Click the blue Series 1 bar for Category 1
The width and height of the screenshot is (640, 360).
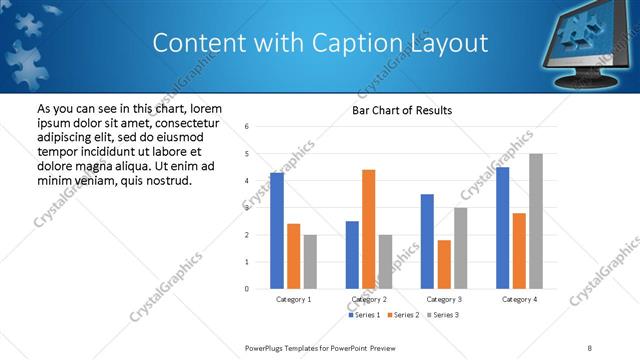click(277, 230)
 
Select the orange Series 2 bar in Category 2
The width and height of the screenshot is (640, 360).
click(369, 229)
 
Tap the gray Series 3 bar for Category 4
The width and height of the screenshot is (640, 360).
click(536, 221)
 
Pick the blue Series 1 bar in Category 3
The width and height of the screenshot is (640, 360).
click(427, 241)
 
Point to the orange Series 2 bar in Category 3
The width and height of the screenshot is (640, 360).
click(444, 264)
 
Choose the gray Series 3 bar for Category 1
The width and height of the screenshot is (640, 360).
click(310, 261)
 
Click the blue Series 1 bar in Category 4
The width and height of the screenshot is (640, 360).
click(503, 228)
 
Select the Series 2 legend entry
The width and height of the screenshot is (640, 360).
click(405, 315)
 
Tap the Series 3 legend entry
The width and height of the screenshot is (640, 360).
click(444, 315)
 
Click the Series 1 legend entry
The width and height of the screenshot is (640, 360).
click(365, 315)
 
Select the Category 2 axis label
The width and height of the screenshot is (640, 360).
click(369, 299)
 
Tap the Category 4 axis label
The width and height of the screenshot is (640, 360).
click(519, 299)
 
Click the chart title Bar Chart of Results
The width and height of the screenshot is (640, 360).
click(402, 110)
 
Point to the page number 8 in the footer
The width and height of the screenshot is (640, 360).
click(590, 347)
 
